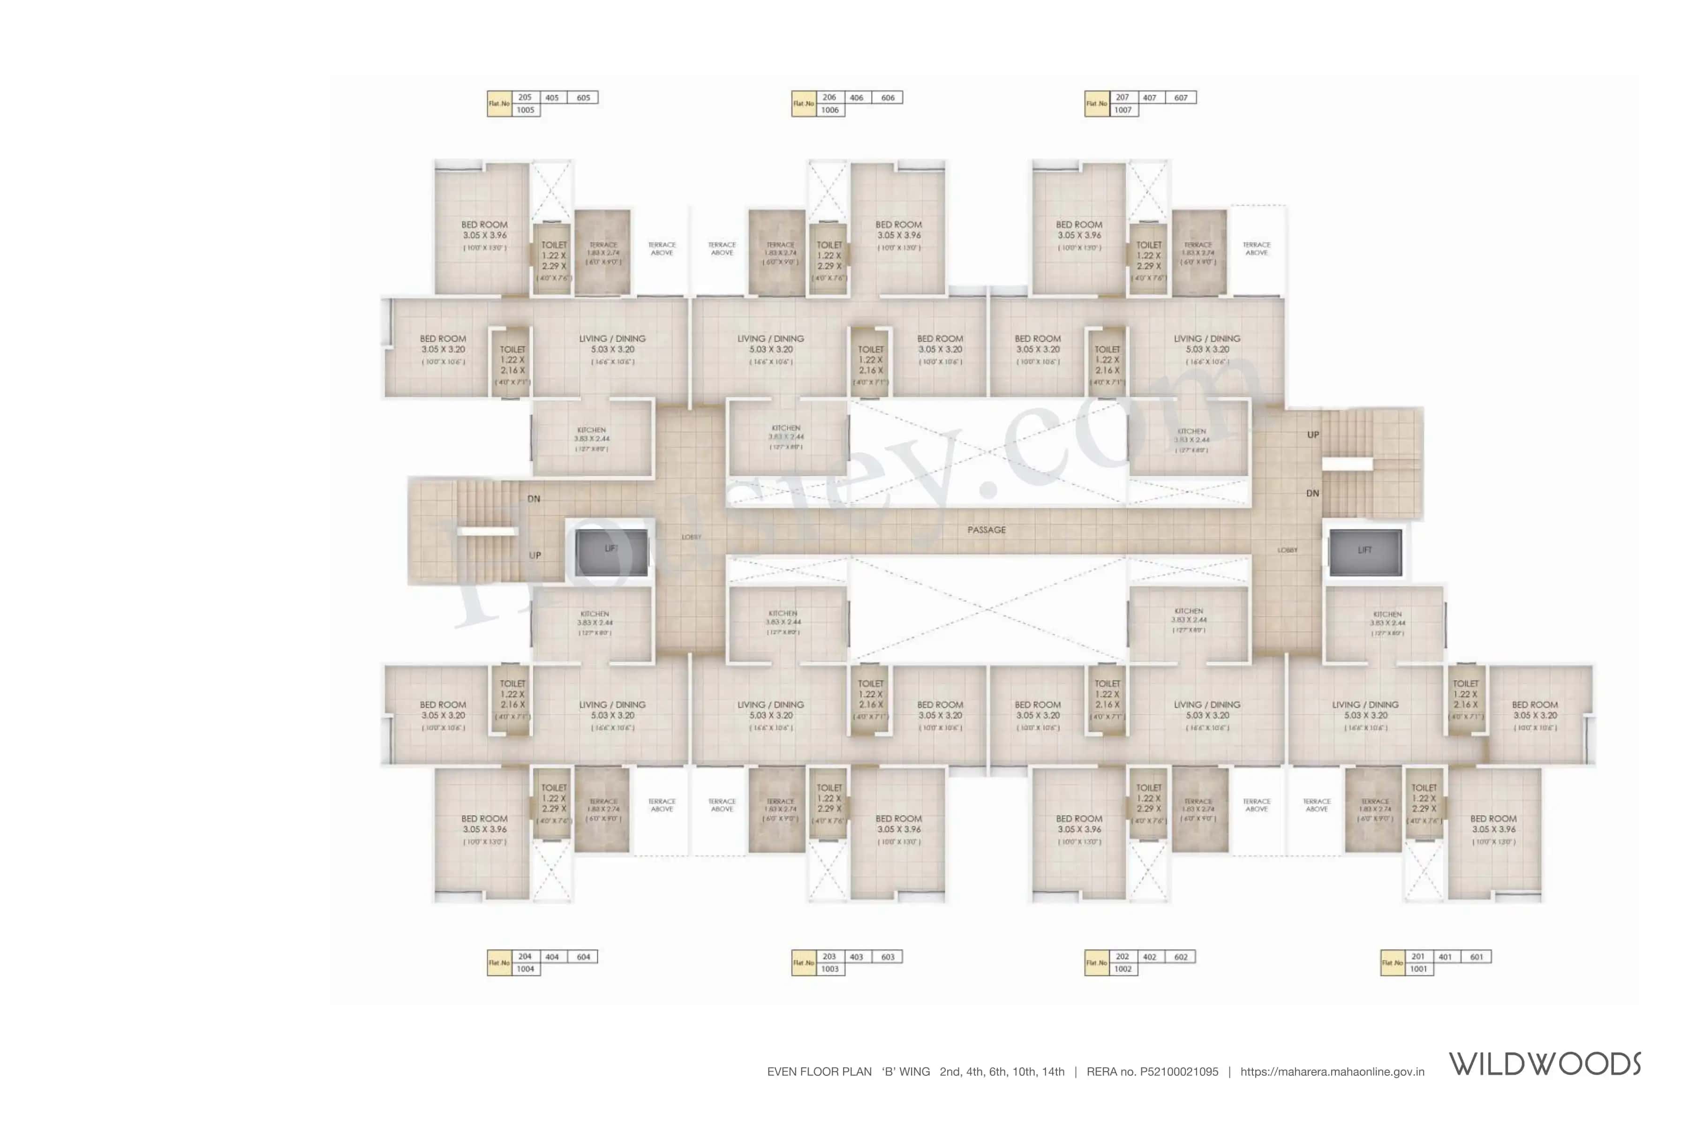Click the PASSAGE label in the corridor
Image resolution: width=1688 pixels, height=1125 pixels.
click(986, 530)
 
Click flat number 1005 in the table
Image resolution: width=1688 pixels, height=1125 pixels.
click(525, 110)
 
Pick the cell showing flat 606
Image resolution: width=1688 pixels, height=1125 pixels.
click(888, 97)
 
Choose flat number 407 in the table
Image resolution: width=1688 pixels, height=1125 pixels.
click(1150, 97)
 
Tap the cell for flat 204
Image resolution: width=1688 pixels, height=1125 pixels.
click(525, 956)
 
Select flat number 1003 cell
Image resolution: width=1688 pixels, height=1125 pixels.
click(829, 968)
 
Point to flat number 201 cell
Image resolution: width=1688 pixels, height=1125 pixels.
click(1418, 956)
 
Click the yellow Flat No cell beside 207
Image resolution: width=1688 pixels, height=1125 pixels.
click(1097, 103)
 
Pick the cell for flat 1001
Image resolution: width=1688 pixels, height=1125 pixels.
click(1418, 968)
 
